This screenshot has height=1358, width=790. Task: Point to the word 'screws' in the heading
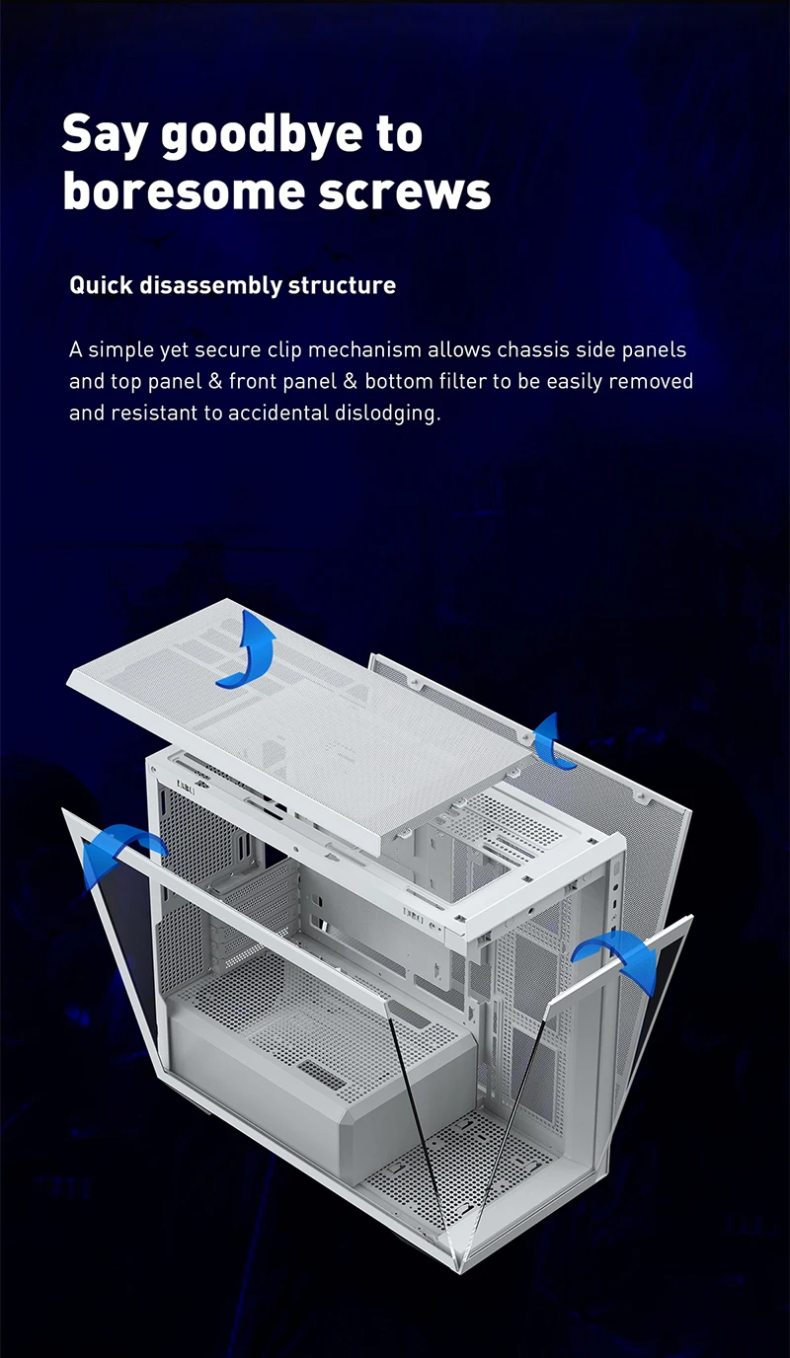pos(404,190)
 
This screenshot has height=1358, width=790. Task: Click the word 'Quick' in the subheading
pos(101,286)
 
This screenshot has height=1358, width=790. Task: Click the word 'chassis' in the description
pos(529,350)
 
